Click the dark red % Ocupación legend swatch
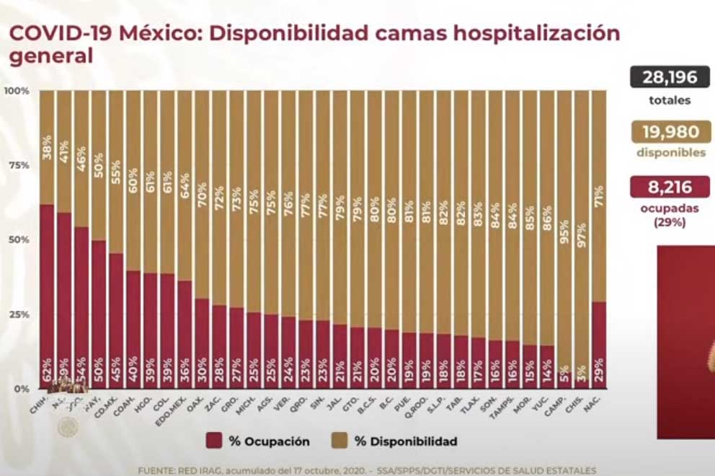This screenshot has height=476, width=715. pos(214,441)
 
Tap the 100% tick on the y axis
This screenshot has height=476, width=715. pos(16,91)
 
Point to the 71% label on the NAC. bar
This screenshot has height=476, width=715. pos(599,196)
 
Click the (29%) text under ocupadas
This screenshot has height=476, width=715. pos(670,223)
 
